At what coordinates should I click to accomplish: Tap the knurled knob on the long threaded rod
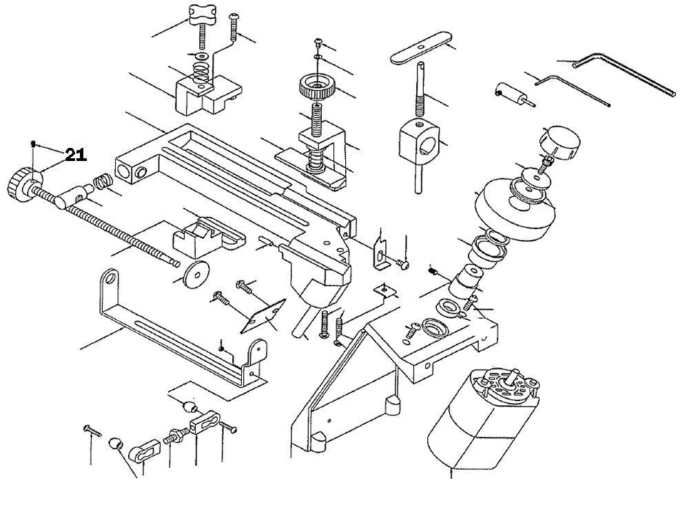pos(23,182)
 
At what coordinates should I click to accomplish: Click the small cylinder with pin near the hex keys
pos(509,93)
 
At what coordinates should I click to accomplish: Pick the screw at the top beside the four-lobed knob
pos(236,25)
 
